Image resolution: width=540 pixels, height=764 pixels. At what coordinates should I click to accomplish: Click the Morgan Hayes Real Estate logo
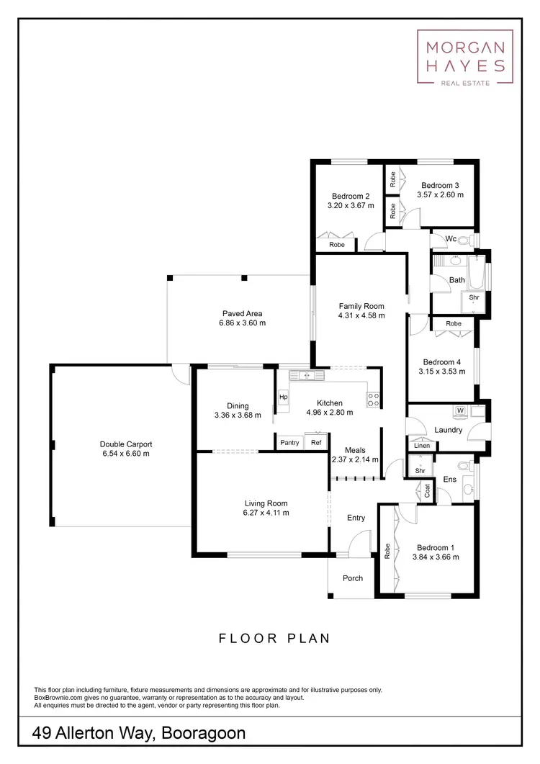465,58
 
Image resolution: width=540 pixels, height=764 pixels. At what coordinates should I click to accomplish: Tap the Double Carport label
125,444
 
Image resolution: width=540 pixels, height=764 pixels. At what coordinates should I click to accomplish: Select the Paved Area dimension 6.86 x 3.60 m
242,323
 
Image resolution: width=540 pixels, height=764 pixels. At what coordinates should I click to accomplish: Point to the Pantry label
289,443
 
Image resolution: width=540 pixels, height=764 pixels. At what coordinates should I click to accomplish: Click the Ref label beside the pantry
316,443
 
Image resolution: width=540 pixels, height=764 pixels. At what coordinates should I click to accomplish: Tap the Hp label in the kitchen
283,397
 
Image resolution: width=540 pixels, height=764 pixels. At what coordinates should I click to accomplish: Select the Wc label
451,238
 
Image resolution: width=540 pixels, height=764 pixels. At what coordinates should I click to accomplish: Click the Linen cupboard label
421,446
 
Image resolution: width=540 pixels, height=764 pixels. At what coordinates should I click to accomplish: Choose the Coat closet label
427,492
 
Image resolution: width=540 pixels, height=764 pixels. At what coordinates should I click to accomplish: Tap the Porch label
353,578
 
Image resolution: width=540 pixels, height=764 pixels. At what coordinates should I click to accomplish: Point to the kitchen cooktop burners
373,399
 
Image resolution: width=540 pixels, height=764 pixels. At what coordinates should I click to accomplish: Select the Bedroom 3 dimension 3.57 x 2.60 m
440,194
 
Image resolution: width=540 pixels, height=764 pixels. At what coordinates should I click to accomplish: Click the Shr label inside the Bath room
474,297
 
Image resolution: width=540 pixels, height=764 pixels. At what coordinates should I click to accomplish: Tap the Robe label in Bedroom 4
453,324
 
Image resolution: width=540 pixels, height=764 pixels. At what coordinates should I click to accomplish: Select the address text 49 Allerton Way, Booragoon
140,734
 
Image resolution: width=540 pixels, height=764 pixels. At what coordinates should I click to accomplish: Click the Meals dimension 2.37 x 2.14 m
355,459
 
